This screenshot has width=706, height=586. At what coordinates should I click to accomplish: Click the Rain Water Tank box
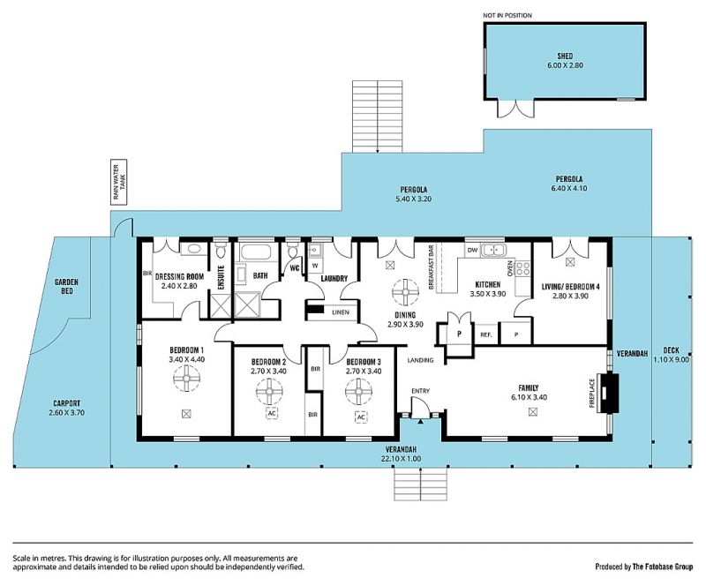[x=119, y=183]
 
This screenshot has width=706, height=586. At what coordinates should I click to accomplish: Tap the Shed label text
[x=565, y=56]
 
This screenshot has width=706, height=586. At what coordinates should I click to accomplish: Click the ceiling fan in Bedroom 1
[x=186, y=379]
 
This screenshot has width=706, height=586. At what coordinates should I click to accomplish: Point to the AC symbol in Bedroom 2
[x=271, y=413]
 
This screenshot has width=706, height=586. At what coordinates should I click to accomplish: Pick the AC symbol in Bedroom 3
[x=361, y=417]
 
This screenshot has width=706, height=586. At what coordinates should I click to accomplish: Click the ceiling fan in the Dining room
[x=405, y=292]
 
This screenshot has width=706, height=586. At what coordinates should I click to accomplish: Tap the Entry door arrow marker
[x=420, y=421]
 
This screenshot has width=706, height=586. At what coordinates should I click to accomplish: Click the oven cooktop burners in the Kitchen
[x=522, y=268]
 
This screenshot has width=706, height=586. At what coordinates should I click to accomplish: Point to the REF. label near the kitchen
[x=486, y=334]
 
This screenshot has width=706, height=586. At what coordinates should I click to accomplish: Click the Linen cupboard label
[x=341, y=312]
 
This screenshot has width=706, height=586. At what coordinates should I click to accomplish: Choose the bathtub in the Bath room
[x=254, y=252]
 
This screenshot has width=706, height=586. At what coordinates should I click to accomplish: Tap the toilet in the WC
[x=292, y=250]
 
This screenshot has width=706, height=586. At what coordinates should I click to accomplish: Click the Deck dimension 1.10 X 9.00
[x=671, y=359]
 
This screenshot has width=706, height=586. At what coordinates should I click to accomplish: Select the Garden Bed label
[x=67, y=287]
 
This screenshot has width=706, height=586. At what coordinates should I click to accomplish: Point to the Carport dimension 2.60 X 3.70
[x=67, y=413]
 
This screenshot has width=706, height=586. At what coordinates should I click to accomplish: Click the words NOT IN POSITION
[x=507, y=15]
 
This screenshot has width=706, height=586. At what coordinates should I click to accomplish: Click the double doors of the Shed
[x=515, y=108]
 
